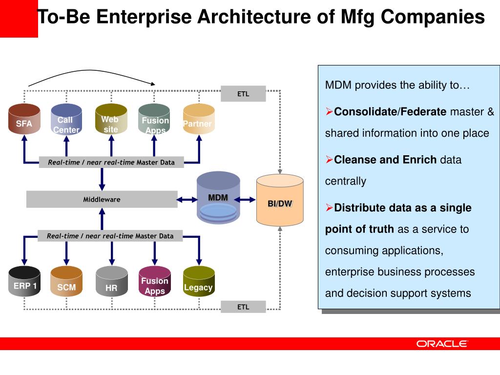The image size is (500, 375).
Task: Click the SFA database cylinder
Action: tap(24, 120)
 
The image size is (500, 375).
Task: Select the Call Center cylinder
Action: tap(66, 120)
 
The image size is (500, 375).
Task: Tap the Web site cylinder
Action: tap(111, 120)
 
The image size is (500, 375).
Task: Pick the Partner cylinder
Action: tap(198, 120)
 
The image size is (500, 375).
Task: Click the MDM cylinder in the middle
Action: tap(218, 198)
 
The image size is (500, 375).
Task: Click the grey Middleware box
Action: tap(102, 199)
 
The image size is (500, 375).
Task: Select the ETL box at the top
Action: tap(243, 94)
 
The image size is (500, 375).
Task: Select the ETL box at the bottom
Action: tap(243, 307)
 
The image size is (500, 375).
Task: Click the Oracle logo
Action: tap(442, 344)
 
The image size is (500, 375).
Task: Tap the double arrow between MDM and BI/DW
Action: tap(248, 199)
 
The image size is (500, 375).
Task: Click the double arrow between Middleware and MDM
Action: tap(187, 199)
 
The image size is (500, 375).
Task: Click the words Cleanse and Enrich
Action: tap(385, 160)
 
